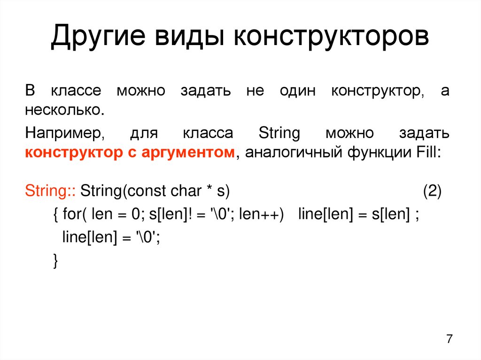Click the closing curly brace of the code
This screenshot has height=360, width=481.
click(55, 260)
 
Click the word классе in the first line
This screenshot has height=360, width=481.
click(76, 91)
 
